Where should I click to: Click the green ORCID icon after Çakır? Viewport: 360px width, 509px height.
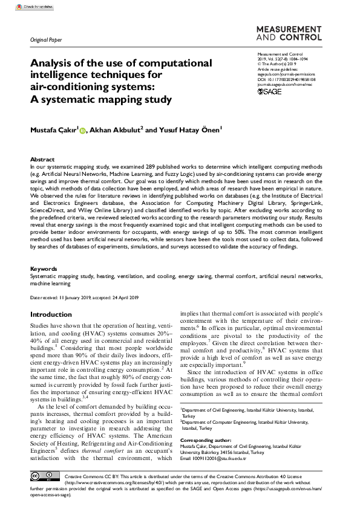click(83, 129)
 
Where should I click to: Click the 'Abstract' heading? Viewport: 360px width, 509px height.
click(42, 160)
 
